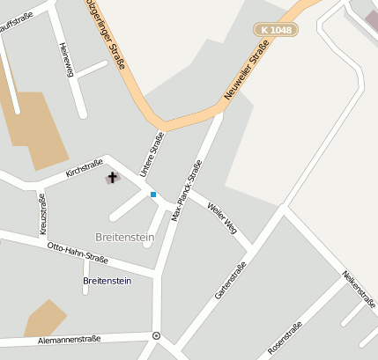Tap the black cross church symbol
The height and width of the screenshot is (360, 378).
pyautogui.click(x=112, y=178)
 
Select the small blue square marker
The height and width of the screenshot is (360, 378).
pyautogui.click(x=152, y=195)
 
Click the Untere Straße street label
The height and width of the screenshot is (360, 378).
pyautogui.click(x=152, y=153)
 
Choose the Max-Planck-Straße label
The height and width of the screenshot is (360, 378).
pyautogui.click(x=187, y=189)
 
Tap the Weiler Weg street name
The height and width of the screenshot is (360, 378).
pyautogui.click(x=222, y=217)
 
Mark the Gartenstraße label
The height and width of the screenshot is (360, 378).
pyautogui.click(x=230, y=280)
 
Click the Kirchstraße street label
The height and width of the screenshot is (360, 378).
pyautogui.click(x=84, y=167)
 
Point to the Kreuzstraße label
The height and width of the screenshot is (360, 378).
pyautogui.click(x=41, y=214)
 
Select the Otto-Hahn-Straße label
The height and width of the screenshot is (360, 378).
pyautogui.click(x=78, y=253)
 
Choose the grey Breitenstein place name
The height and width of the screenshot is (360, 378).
pyautogui.click(x=123, y=237)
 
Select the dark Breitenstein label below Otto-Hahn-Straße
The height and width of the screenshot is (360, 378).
pyautogui.click(x=107, y=281)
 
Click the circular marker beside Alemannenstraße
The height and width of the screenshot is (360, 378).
pyautogui.click(x=156, y=335)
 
